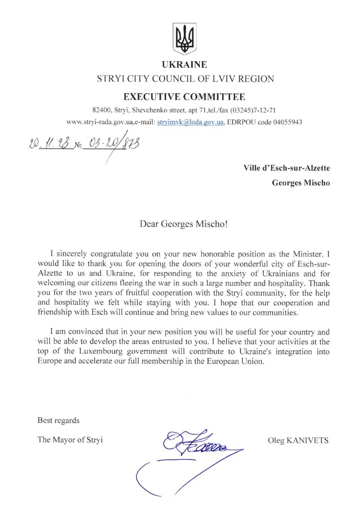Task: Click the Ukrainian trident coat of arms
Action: coord(185,39)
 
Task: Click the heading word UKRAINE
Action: coord(184,65)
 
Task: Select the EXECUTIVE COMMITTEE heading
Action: coord(184,97)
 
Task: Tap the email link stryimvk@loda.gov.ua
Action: coord(190,122)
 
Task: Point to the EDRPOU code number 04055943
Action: coord(287,122)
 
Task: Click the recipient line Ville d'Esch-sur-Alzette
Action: coord(286,168)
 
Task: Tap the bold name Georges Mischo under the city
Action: coord(301,183)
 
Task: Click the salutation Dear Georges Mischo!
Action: coord(183,224)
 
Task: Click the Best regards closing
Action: coord(58,421)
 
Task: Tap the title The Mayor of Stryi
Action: coord(70,440)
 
